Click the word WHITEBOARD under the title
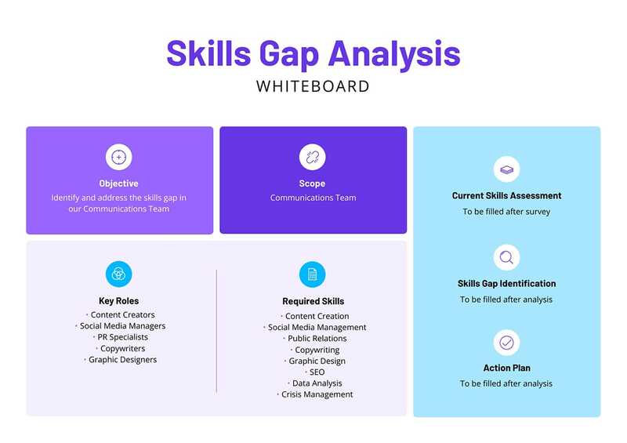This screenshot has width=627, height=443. (313, 86)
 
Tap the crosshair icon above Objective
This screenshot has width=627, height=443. (119, 157)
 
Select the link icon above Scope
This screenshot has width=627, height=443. (312, 157)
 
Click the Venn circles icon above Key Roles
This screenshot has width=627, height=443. (119, 274)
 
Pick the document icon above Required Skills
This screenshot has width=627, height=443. (312, 274)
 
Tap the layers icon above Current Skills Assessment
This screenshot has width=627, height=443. (506, 169)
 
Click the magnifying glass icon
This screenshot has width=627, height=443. (506, 257)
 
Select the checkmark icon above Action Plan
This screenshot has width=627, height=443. (506, 343)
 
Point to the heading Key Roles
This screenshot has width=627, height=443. (119, 301)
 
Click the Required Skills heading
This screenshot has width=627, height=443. (313, 301)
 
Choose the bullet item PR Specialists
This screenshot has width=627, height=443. (122, 338)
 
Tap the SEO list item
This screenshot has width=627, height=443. (317, 372)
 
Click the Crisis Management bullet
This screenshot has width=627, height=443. (317, 394)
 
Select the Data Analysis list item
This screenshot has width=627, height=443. (317, 383)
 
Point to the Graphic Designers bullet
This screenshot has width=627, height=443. (122, 360)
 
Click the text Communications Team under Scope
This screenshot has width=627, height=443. (313, 198)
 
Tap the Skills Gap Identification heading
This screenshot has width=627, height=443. (506, 284)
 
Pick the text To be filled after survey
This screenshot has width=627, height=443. (506, 212)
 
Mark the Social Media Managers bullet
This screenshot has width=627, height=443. (122, 326)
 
